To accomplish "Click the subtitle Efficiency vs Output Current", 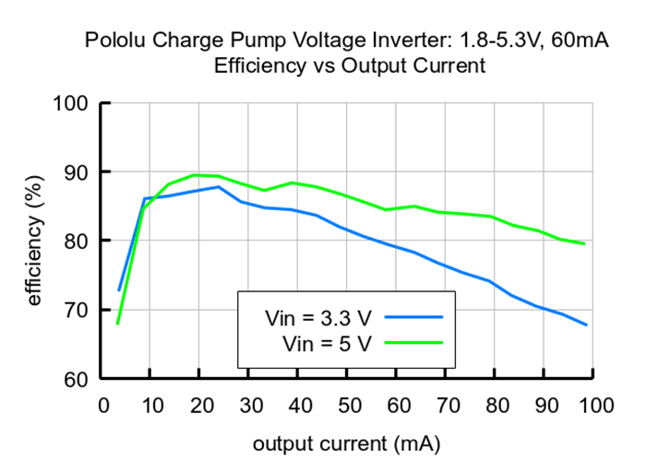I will click(x=349, y=65).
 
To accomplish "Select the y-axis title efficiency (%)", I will click(x=34, y=240).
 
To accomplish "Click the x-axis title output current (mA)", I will click(x=348, y=443).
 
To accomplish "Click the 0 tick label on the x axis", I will click(x=103, y=405).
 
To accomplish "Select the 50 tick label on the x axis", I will click(x=347, y=405).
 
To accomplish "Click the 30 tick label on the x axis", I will click(x=249, y=405).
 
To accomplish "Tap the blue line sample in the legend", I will click(x=414, y=317).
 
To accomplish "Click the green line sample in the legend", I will click(x=414, y=343).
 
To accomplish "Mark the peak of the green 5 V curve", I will click(x=196, y=174).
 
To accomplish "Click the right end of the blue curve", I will click(x=586, y=325).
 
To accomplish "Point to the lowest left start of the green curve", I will click(x=118, y=323).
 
